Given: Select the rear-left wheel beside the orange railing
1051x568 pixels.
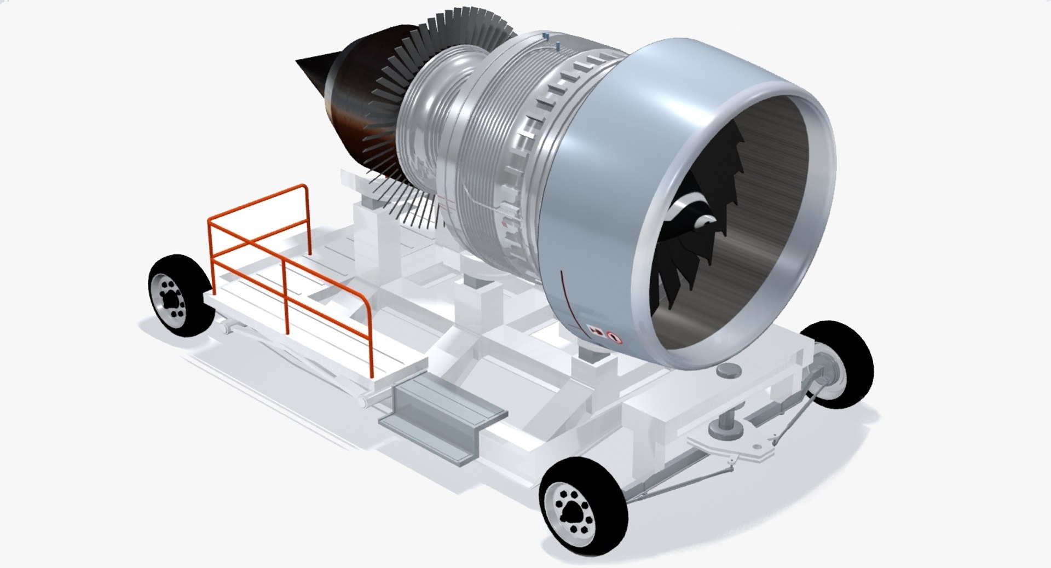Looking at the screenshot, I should pos(180,296).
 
